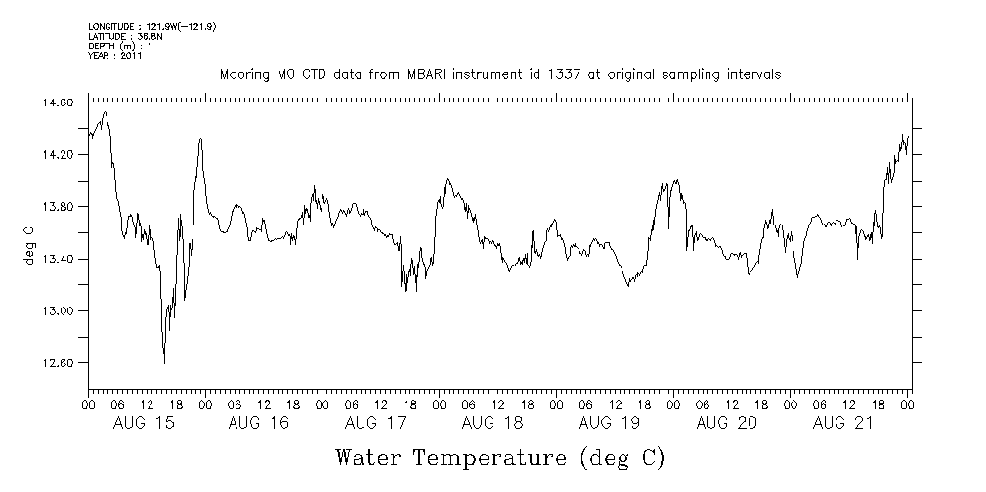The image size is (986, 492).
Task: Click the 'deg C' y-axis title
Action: (29, 244)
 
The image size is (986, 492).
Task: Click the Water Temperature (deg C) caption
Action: (500, 457)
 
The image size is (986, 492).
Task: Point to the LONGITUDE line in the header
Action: (151, 26)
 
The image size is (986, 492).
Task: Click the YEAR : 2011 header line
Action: (115, 56)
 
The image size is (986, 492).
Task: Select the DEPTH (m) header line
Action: (119, 46)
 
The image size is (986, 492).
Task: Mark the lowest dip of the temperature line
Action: (164, 363)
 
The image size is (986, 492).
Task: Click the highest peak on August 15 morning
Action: (105, 112)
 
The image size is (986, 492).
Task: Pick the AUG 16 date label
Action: (259, 423)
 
